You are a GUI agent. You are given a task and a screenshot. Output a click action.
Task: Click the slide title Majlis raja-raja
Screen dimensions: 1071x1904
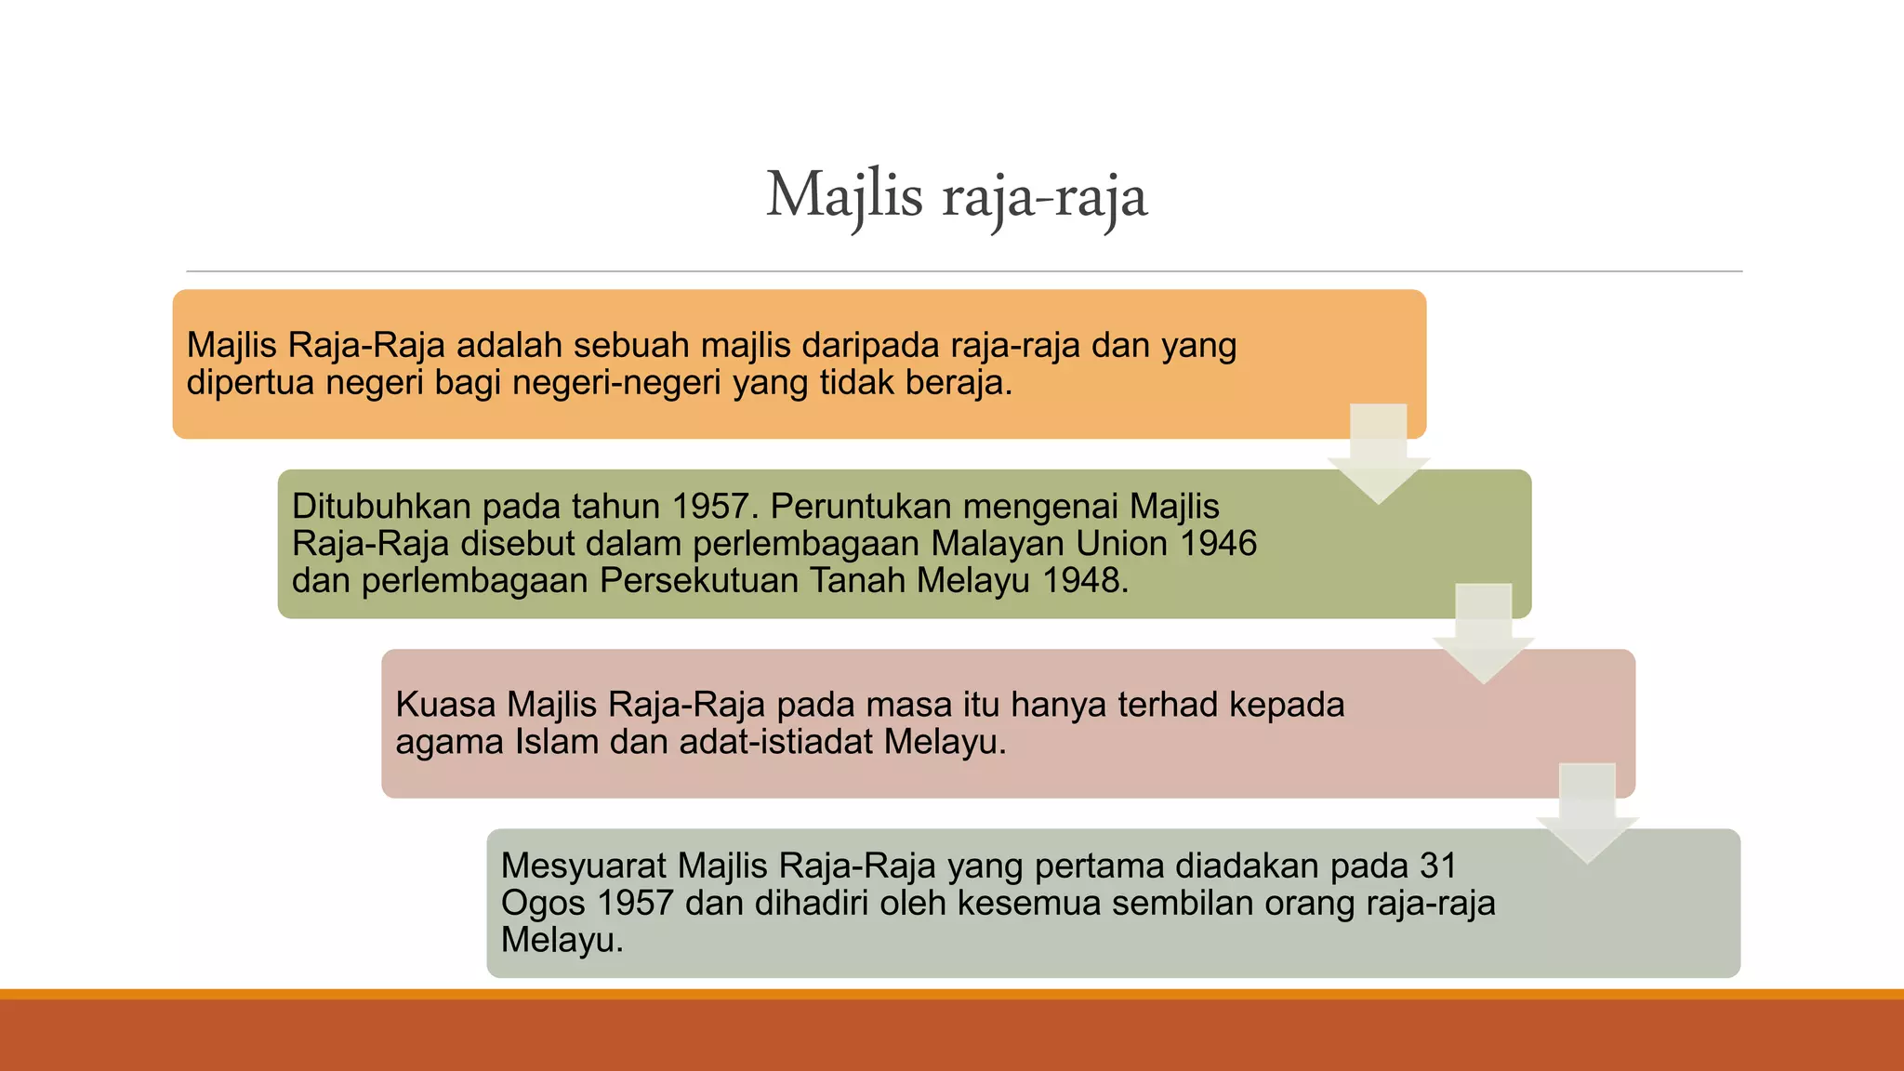tap(957, 196)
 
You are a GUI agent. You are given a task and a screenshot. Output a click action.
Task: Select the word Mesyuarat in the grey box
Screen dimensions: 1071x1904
tap(583, 866)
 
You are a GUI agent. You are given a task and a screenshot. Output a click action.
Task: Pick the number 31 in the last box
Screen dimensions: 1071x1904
tap(1438, 866)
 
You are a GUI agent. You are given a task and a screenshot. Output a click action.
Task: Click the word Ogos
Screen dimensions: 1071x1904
tap(542, 904)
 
